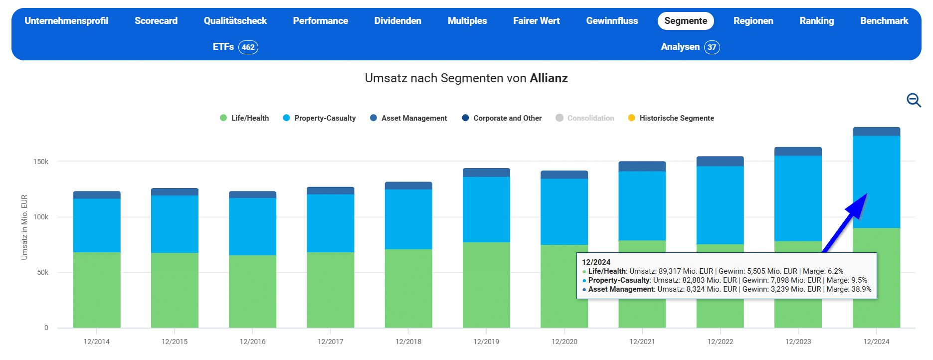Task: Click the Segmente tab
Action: pyautogui.click(x=686, y=21)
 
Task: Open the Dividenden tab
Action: pyautogui.click(x=397, y=21)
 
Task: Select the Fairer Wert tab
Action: pyautogui.click(x=536, y=21)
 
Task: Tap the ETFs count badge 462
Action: pyautogui.click(x=248, y=47)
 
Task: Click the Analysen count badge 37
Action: pyautogui.click(x=712, y=47)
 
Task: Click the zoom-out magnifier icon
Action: pyautogui.click(x=914, y=100)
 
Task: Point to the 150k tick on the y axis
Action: pyautogui.click(x=41, y=162)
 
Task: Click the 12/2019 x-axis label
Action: pyautogui.click(x=486, y=342)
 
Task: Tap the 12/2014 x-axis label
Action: pyautogui.click(x=96, y=342)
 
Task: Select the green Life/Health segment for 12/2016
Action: pyautogui.click(x=252, y=292)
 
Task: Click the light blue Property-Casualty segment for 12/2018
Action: pyautogui.click(x=408, y=219)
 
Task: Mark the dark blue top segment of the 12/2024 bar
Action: pyautogui.click(x=876, y=132)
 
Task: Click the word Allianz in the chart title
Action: pyautogui.click(x=549, y=78)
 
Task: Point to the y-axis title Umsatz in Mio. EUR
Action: pyautogui.click(x=24, y=227)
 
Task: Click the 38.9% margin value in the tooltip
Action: pyautogui.click(x=861, y=289)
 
